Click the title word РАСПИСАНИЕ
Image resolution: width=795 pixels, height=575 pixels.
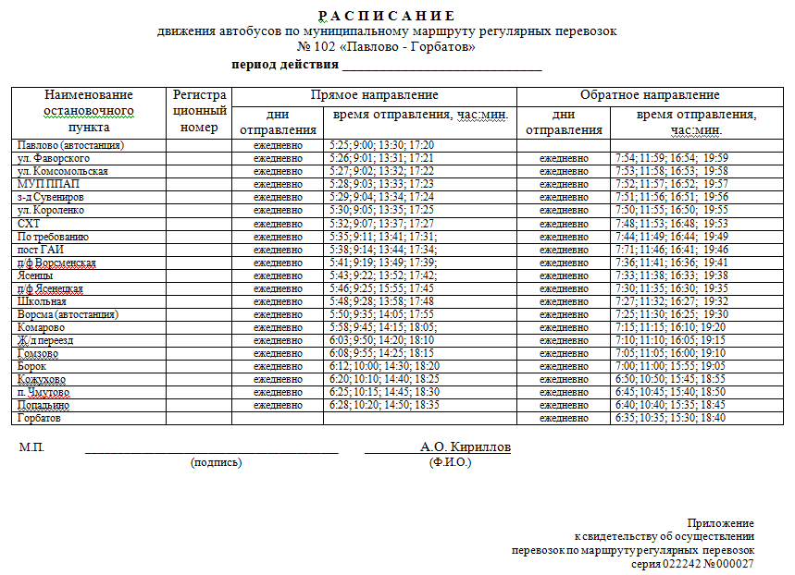387,16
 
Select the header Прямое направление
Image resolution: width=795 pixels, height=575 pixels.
374,95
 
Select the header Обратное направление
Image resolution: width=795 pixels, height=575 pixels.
650,95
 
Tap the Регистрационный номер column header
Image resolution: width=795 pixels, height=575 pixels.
199,111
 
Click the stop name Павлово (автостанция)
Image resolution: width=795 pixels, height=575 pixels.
70,145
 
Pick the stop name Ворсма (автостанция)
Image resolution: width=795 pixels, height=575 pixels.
68,314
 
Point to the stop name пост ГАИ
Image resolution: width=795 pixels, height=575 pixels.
40,250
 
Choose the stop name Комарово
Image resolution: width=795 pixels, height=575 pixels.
41,327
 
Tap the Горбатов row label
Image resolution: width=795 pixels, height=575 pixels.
42,418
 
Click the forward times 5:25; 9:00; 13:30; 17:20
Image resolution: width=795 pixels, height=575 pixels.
381,145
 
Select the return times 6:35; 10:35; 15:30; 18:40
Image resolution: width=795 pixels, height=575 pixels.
670,418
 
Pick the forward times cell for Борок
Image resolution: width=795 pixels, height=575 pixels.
384,366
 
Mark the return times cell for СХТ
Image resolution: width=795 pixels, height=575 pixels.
671,224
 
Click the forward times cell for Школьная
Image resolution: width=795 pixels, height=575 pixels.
381,301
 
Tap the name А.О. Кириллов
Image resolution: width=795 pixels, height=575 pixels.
465,447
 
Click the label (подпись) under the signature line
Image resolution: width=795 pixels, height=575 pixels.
216,462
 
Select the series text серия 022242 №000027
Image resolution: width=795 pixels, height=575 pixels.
692,563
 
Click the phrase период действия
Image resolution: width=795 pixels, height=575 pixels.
284,65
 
